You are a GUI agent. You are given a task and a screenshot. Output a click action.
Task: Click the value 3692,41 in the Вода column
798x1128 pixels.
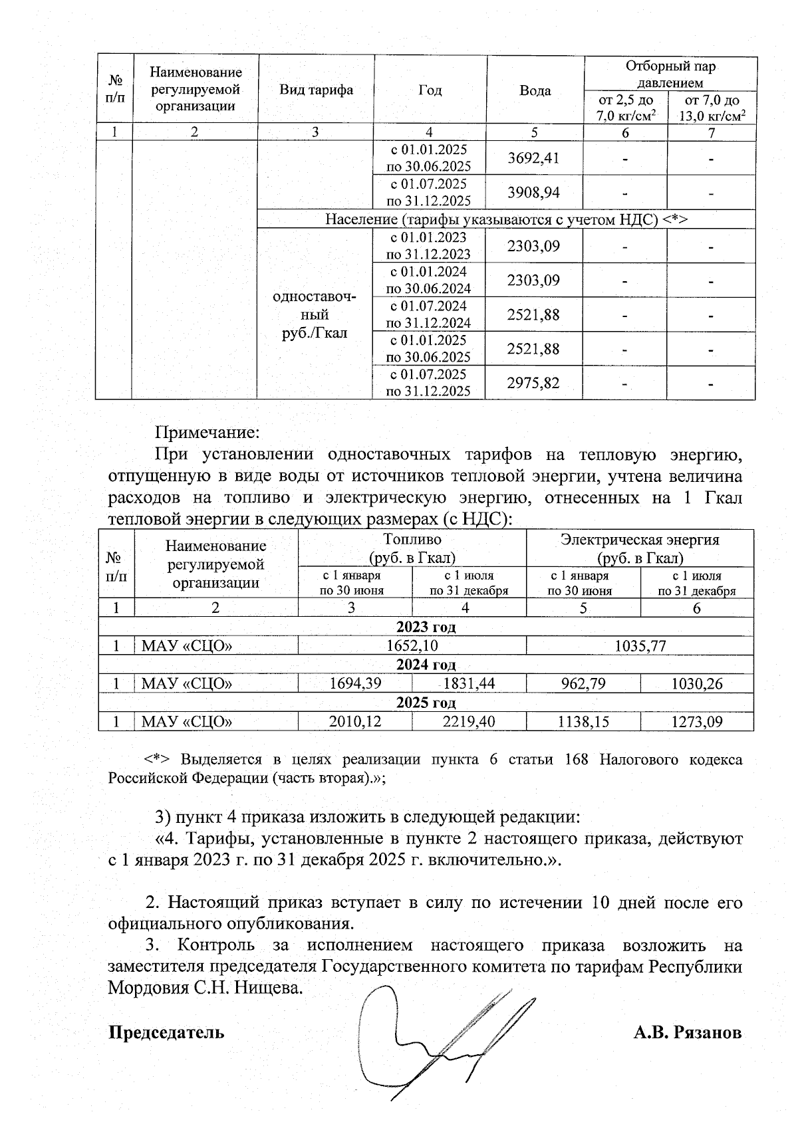[x=533, y=158]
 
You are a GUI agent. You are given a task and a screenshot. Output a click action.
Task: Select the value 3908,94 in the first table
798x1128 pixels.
[x=533, y=193]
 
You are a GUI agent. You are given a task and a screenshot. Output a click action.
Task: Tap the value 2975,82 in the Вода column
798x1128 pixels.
[x=533, y=383]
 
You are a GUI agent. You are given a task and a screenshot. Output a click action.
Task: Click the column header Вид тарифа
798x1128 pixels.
[x=316, y=90]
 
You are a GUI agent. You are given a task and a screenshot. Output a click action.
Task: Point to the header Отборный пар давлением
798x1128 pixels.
[x=670, y=74]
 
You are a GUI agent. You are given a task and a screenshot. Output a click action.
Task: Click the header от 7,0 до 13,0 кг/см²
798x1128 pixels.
[x=712, y=108]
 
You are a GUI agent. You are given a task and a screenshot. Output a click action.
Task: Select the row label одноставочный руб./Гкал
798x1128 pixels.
[x=315, y=314]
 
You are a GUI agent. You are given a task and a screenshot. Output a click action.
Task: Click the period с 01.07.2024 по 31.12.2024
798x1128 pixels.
[x=429, y=314]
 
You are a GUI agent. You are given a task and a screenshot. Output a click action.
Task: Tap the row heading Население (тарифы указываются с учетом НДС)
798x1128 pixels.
[x=505, y=219]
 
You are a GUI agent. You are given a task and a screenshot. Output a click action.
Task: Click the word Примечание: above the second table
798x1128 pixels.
[x=206, y=433]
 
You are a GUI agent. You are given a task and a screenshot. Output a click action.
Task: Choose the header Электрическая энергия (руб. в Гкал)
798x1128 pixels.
[x=640, y=548]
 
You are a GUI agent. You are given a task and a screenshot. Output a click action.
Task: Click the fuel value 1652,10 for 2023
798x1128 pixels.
[x=412, y=645]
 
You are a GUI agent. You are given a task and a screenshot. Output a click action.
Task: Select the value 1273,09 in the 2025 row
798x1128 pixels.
[x=696, y=722]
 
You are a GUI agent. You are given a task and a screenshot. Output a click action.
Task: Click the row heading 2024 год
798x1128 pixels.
[x=426, y=665]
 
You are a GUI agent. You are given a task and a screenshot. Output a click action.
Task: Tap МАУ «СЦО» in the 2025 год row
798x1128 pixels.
[x=187, y=722]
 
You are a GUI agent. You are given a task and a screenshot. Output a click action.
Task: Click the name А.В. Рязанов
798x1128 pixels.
[x=687, y=1033]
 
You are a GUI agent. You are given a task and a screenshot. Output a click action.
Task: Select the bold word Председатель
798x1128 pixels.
[x=166, y=1033]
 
